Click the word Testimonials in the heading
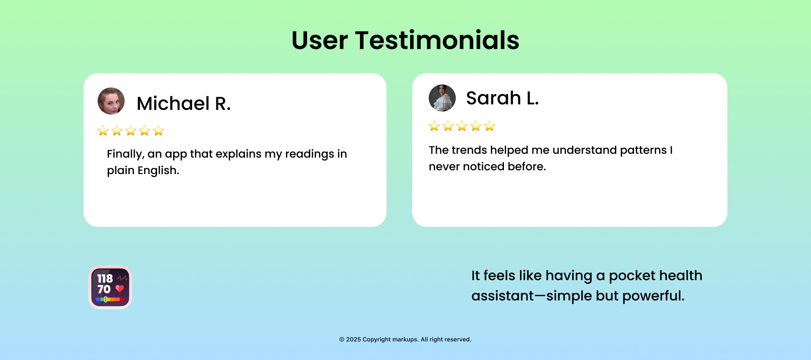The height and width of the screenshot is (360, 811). pyautogui.click(x=437, y=41)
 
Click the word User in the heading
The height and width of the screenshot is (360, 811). pyautogui.click(x=320, y=41)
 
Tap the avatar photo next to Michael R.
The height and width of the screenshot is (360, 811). pyautogui.click(x=111, y=101)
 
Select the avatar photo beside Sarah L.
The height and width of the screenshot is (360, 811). pyautogui.click(x=442, y=98)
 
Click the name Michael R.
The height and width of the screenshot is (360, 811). pyautogui.click(x=184, y=104)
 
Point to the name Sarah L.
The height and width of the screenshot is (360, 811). pyautogui.click(x=502, y=98)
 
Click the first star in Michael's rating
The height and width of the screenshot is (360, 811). pyautogui.click(x=103, y=131)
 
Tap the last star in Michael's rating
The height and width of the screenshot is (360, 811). pyautogui.click(x=158, y=131)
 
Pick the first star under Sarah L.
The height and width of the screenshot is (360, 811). pyautogui.click(x=434, y=126)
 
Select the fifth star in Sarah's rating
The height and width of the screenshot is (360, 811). pyautogui.click(x=490, y=126)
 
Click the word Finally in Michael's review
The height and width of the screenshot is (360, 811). pyautogui.click(x=125, y=154)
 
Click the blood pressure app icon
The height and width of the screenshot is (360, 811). pyautogui.click(x=110, y=287)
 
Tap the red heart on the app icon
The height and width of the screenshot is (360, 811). pyautogui.click(x=120, y=289)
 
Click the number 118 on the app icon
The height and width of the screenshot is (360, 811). pyautogui.click(x=105, y=278)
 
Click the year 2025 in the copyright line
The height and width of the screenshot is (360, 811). pyautogui.click(x=354, y=339)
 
